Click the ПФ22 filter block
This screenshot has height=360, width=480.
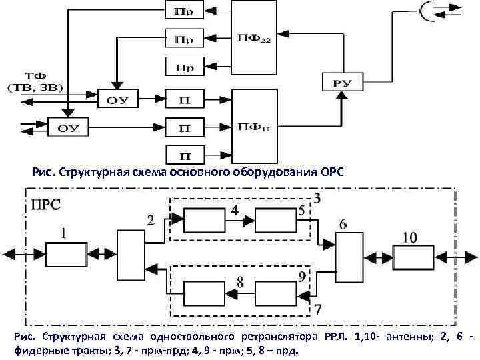(x=253, y=38)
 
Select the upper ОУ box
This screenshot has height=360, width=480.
(x=117, y=101)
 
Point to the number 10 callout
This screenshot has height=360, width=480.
(x=409, y=237)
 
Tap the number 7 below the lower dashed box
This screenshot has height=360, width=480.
(x=317, y=309)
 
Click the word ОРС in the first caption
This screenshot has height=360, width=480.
(x=331, y=173)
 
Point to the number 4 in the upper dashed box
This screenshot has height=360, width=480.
(x=235, y=210)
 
